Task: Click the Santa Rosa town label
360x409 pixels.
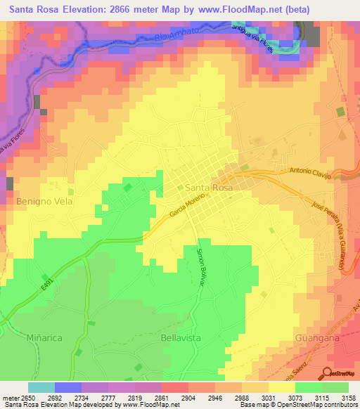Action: coord(209,188)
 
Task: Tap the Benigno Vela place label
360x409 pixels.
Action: coord(44,200)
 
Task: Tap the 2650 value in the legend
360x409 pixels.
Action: coord(27,397)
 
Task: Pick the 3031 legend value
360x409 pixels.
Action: coord(256,397)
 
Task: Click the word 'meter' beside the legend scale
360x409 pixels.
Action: coord(9,397)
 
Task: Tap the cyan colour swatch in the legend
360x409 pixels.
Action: coord(41,387)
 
